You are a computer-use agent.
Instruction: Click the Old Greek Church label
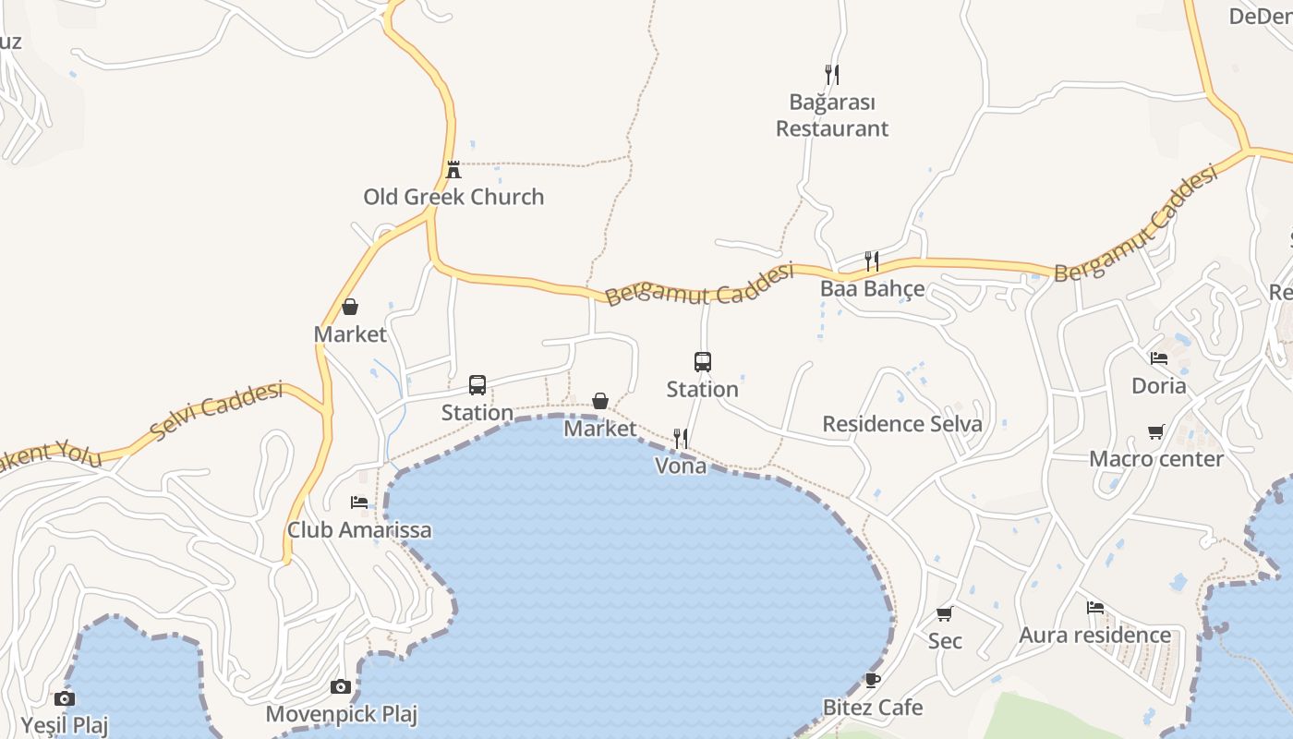(453, 197)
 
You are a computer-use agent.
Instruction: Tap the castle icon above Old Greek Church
(453, 170)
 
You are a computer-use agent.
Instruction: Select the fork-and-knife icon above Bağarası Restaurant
(832, 74)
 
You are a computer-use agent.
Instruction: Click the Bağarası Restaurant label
(832, 115)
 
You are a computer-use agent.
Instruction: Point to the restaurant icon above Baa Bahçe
(871, 261)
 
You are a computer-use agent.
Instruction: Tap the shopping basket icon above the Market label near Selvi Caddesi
(350, 307)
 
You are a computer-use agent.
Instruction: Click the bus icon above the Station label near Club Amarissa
(477, 385)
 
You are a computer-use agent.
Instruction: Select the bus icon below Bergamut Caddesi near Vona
(703, 362)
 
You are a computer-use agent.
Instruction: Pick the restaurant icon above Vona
(681, 439)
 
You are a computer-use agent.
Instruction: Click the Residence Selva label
(902, 424)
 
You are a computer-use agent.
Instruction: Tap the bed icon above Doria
(1159, 358)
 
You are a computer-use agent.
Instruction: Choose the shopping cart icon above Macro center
(1156, 431)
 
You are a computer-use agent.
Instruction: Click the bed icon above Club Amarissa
(359, 503)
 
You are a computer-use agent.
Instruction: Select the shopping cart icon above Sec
(945, 613)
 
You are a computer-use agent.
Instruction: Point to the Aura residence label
(1094, 636)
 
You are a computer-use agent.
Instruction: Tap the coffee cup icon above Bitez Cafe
(873, 681)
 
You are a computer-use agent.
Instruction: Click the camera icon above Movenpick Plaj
(341, 686)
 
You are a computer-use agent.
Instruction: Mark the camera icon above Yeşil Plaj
(65, 698)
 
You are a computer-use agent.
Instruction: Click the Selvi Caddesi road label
(216, 410)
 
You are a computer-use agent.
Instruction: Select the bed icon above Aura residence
(1095, 608)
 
